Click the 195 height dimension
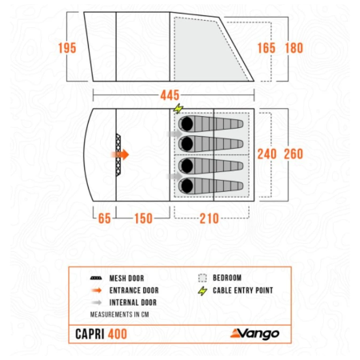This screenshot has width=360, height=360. coord(67,48)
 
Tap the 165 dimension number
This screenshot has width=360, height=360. coord(266,48)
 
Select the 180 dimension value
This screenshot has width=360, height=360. coord(294,48)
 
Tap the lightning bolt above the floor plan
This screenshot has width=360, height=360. coord(178,109)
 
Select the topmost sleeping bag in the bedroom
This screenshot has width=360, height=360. coord(210,125)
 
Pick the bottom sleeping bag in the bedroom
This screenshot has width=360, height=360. coord(210,186)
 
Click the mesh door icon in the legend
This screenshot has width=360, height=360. coord(95,278)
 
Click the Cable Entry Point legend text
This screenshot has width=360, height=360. coord(244,290)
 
